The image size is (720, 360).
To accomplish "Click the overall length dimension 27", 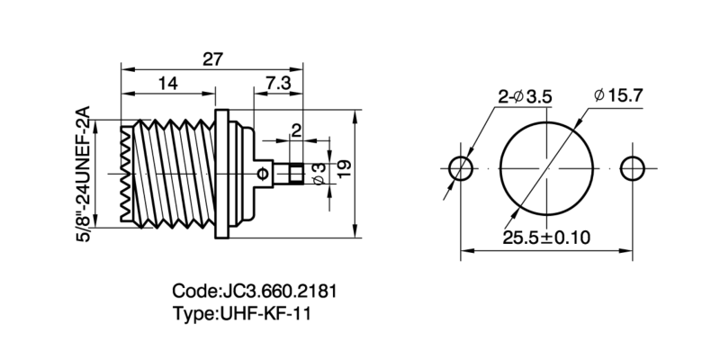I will pyautogui.click(x=211, y=58).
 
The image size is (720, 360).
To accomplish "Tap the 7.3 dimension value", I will pyautogui.click(x=277, y=83).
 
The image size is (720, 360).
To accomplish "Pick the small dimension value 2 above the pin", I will pyautogui.click(x=296, y=129).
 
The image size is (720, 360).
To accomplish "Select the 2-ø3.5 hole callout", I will pyautogui.click(x=526, y=97).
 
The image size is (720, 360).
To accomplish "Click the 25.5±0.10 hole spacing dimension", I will pyautogui.click(x=546, y=238).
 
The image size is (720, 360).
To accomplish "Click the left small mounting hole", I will pyautogui.click(x=462, y=168).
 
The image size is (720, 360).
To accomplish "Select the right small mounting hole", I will pyautogui.click(x=633, y=168).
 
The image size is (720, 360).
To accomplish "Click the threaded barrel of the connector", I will pyautogui.click(x=166, y=171).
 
